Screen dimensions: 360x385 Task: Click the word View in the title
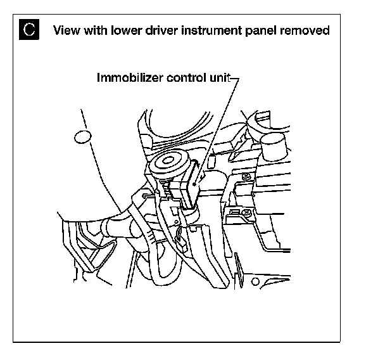click(66, 30)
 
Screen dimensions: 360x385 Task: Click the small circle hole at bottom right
click(254, 278)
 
